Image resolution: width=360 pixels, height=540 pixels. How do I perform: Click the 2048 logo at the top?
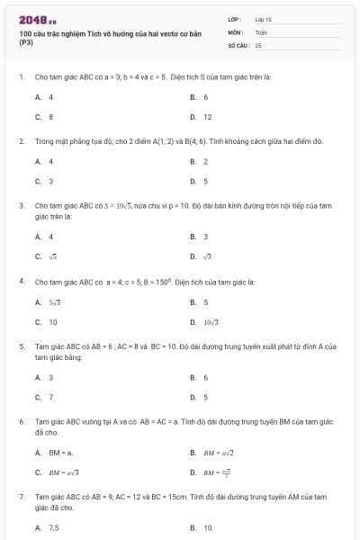tap(38, 19)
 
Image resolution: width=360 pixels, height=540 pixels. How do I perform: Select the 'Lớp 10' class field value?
tap(263, 19)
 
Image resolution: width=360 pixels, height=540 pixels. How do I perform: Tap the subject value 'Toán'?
tap(261, 31)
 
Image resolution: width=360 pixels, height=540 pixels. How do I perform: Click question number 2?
tap(21, 141)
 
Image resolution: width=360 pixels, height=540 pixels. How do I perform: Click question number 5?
tap(21, 346)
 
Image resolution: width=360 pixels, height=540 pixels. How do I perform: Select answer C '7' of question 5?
tap(50, 396)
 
